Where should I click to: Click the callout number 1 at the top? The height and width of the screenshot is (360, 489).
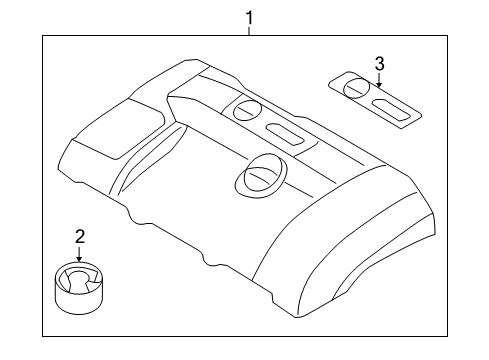tap(251, 16)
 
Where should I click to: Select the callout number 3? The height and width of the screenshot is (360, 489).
tap(379, 63)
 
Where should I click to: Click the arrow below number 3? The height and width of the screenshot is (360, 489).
tap(379, 81)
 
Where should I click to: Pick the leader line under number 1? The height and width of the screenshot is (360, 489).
tap(251, 30)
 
